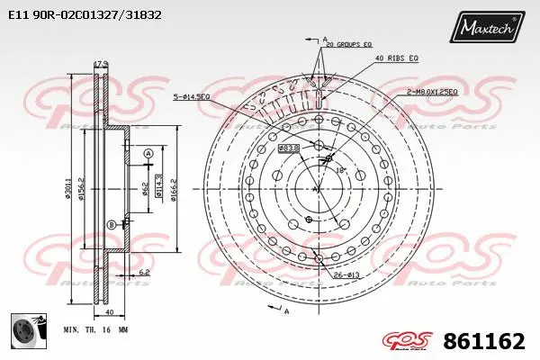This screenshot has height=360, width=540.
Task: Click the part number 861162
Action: click(x=485, y=341)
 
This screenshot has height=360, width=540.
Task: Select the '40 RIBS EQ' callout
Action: click(x=397, y=58)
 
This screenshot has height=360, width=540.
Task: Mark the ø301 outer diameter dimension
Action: click(x=68, y=189)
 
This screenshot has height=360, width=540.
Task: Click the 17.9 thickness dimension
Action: click(x=101, y=64)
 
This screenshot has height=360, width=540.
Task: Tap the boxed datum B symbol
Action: click(x=112, y=224)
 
